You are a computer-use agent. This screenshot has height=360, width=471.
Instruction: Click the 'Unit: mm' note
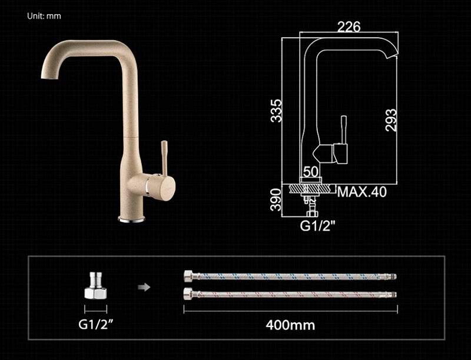(44, 16)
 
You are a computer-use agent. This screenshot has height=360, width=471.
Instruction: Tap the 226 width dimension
(349, 26)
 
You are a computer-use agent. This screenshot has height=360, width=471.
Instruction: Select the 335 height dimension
(276, 111)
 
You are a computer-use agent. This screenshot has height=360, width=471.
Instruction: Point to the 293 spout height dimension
(391, 120)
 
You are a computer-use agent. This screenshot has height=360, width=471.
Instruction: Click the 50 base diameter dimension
(310, 172)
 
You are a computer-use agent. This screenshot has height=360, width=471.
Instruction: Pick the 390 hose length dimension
(276, 200)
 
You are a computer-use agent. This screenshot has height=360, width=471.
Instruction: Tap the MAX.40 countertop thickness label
(362, 192)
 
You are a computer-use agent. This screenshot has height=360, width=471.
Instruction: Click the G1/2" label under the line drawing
(317, 226)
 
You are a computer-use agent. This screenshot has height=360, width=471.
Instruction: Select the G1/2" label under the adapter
(96, 324)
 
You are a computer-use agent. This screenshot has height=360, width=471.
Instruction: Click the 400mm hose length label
(290, 325)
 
